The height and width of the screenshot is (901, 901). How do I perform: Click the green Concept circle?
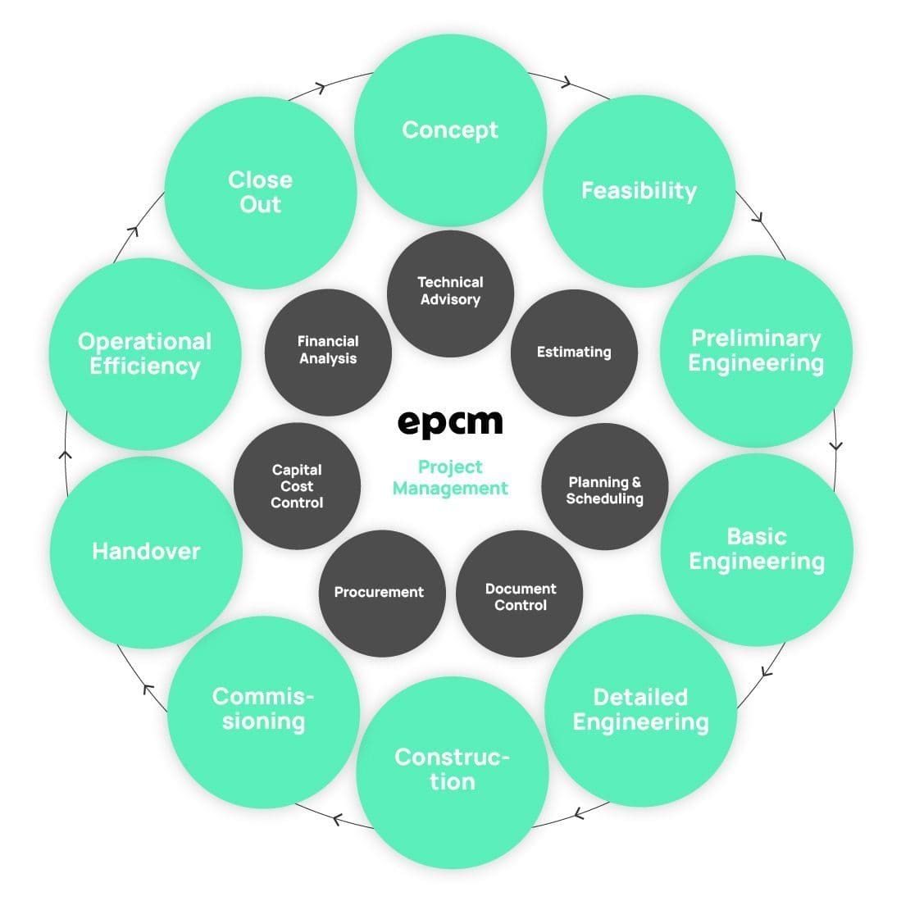pos(450,130)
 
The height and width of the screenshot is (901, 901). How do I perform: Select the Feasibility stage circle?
pos(639,191)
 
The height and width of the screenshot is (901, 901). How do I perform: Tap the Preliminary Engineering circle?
pos(756,351)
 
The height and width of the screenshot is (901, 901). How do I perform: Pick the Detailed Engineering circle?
pos(640,710)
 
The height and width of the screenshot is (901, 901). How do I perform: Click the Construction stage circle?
pos(452,770)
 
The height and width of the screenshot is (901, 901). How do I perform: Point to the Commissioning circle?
pos(263,710)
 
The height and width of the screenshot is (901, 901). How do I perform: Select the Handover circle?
pos(146,551)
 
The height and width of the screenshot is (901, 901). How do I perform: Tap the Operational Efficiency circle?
pos(145,354)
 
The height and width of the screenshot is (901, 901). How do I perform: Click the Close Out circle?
pos(261,192)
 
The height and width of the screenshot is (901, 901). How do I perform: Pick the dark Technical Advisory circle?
pos(450,292)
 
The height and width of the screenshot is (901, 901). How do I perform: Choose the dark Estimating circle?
pos(574,353)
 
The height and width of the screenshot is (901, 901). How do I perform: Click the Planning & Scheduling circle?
pos(606,490)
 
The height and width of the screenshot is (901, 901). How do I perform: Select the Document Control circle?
pos(520,596)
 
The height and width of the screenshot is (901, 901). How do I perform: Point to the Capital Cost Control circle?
pos(297,486)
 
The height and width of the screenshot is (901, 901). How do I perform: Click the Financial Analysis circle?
pos(328,351)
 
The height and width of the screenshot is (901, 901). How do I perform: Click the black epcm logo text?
pos(450,423)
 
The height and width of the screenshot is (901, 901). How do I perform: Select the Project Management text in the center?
pos(450,478)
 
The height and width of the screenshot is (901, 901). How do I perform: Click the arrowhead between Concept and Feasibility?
pos(567,81)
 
